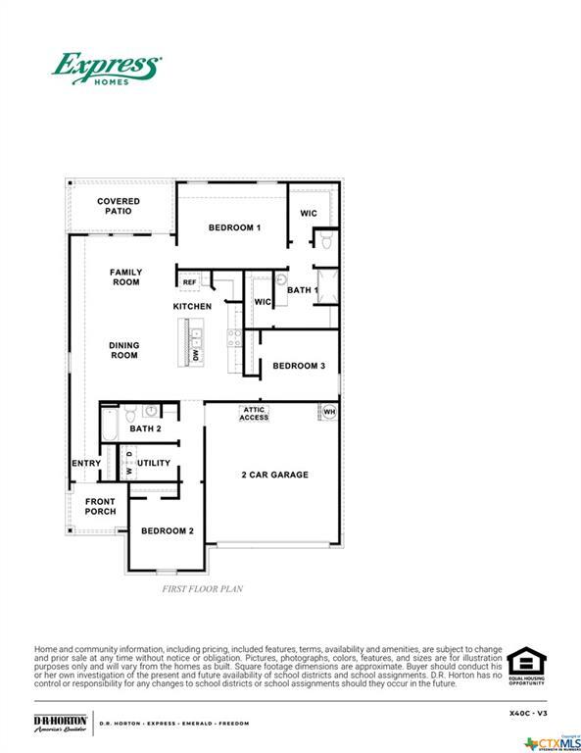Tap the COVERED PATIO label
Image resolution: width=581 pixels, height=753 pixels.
coord(119,206)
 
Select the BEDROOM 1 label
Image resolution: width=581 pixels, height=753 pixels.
coord(234,227)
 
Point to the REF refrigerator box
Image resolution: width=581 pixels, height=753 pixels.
coord(189,282)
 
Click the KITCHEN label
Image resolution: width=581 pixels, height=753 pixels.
coord(192,307)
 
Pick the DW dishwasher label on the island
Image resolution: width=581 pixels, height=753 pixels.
coord(196,355)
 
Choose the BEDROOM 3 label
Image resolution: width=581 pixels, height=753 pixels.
coord(298,366)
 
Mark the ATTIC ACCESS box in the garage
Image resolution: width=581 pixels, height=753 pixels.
coord(255,414)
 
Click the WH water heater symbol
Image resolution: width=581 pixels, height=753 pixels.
coord(328,412)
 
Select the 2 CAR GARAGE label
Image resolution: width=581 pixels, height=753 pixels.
coord(275,475)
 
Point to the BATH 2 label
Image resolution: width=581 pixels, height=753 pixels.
coord(145,428)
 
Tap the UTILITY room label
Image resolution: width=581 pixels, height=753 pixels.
coord(153,463)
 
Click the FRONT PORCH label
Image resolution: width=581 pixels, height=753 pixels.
coord(100,506)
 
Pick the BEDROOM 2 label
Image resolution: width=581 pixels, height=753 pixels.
coord(167,530)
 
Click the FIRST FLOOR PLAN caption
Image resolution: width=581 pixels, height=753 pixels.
coord(202,589)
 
